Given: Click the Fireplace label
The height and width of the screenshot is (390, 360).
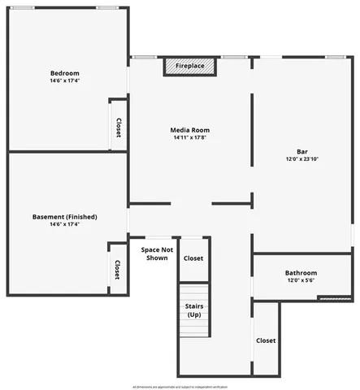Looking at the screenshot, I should tap(190, 65).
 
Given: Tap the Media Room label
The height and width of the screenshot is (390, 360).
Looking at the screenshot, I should tap(190, 130).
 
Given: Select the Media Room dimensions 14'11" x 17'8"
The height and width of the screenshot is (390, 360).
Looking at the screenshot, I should tap(190, 138).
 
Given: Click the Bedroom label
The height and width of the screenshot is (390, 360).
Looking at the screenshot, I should tap(64, 72).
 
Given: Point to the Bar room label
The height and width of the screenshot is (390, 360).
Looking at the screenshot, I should tap(301, 150).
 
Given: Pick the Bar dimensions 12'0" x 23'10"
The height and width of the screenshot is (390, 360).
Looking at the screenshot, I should tap(301, 158).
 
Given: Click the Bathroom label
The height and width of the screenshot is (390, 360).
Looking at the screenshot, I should tap(301, 272).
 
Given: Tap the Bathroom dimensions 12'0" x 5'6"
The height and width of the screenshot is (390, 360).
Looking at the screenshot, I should tap(301, 280).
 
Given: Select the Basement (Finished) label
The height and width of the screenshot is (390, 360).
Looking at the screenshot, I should tap(64, 216).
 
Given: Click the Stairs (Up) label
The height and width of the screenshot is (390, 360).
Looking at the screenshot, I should tap(193, 310).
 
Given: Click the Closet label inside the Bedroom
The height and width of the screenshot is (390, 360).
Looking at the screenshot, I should tap(118, 128).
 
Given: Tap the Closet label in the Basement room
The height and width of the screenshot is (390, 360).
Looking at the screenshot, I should tap(117, 270).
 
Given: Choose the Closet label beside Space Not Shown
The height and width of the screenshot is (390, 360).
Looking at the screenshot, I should tap(193, 258).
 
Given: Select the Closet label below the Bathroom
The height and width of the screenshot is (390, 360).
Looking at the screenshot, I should tap(266, 340).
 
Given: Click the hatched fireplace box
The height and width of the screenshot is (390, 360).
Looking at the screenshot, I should tap(190, 67).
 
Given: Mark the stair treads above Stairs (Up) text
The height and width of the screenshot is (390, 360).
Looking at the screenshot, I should tap(193, 292).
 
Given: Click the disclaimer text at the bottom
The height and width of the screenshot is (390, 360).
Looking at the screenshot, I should tap(180, 387).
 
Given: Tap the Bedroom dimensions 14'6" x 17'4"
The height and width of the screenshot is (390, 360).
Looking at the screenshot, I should tap(64, 80).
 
